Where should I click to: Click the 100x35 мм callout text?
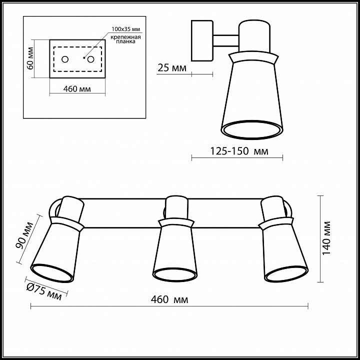click(x=125, y=29)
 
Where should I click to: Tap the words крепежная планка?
click(x=125, y=39)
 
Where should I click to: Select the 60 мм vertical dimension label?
click(x=30, y=58)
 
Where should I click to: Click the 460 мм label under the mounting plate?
click(x=77, y=89)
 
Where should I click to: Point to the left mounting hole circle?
click(x=65, y=59)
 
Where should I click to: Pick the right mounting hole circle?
click(x=90, y=59)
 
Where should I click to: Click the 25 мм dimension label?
click(x=172, y=68)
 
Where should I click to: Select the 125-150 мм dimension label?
click(x=239, y=151)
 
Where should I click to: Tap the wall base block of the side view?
click(x=202, y=40)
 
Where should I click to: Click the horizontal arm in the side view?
click(x=226, y=41)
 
